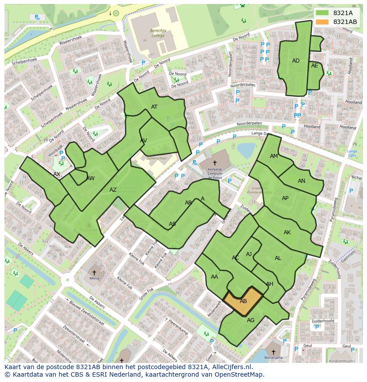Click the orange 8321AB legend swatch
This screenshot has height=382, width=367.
322,22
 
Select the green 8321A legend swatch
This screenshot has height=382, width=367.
322,13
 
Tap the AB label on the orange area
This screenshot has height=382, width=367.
243,301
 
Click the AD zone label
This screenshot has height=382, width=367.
296,61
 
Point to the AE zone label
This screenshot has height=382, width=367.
315,66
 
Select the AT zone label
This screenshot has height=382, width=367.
154,107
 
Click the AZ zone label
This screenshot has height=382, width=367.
113,190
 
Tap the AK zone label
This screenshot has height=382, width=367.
287,232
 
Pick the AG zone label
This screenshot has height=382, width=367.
250,320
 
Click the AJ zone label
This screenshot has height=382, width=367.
249,254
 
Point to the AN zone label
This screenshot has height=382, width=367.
301,181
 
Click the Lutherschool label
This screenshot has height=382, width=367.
156,158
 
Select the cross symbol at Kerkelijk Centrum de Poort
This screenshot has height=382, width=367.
215,163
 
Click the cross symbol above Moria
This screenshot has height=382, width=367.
94,272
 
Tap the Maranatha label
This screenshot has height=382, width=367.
273,357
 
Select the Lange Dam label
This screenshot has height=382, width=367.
352,154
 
